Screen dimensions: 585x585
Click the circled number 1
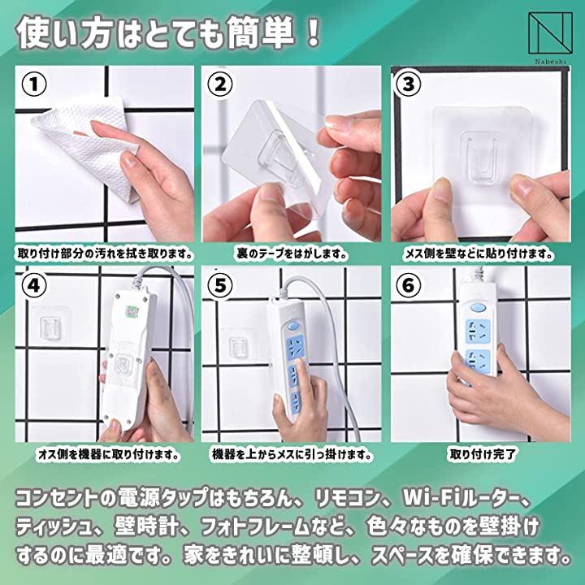[x=34, y=84]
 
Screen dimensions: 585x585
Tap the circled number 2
[x=220, y=84]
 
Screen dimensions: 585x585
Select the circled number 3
[x=409, y=84]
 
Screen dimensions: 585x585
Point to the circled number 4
[x=34, y=285]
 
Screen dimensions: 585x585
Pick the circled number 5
[x=220, y=285]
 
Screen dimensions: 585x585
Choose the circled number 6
[x=409, y=285]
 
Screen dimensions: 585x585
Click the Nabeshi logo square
[x=550, y=32]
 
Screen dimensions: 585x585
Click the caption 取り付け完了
[x=483, y=454]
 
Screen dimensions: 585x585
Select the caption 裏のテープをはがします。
[x=292, y=254]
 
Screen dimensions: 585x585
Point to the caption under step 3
[x=479, y=254]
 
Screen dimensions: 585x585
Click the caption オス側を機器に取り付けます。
[x=108, y=454]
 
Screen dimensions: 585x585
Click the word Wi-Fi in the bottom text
[x=430, y=497]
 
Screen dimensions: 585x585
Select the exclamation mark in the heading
[x=314, y=32]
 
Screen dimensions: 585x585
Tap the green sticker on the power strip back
[x=131, y=310]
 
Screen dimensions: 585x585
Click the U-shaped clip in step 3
[x=479, y=155]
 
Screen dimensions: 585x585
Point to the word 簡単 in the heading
[x=260, y=32]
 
